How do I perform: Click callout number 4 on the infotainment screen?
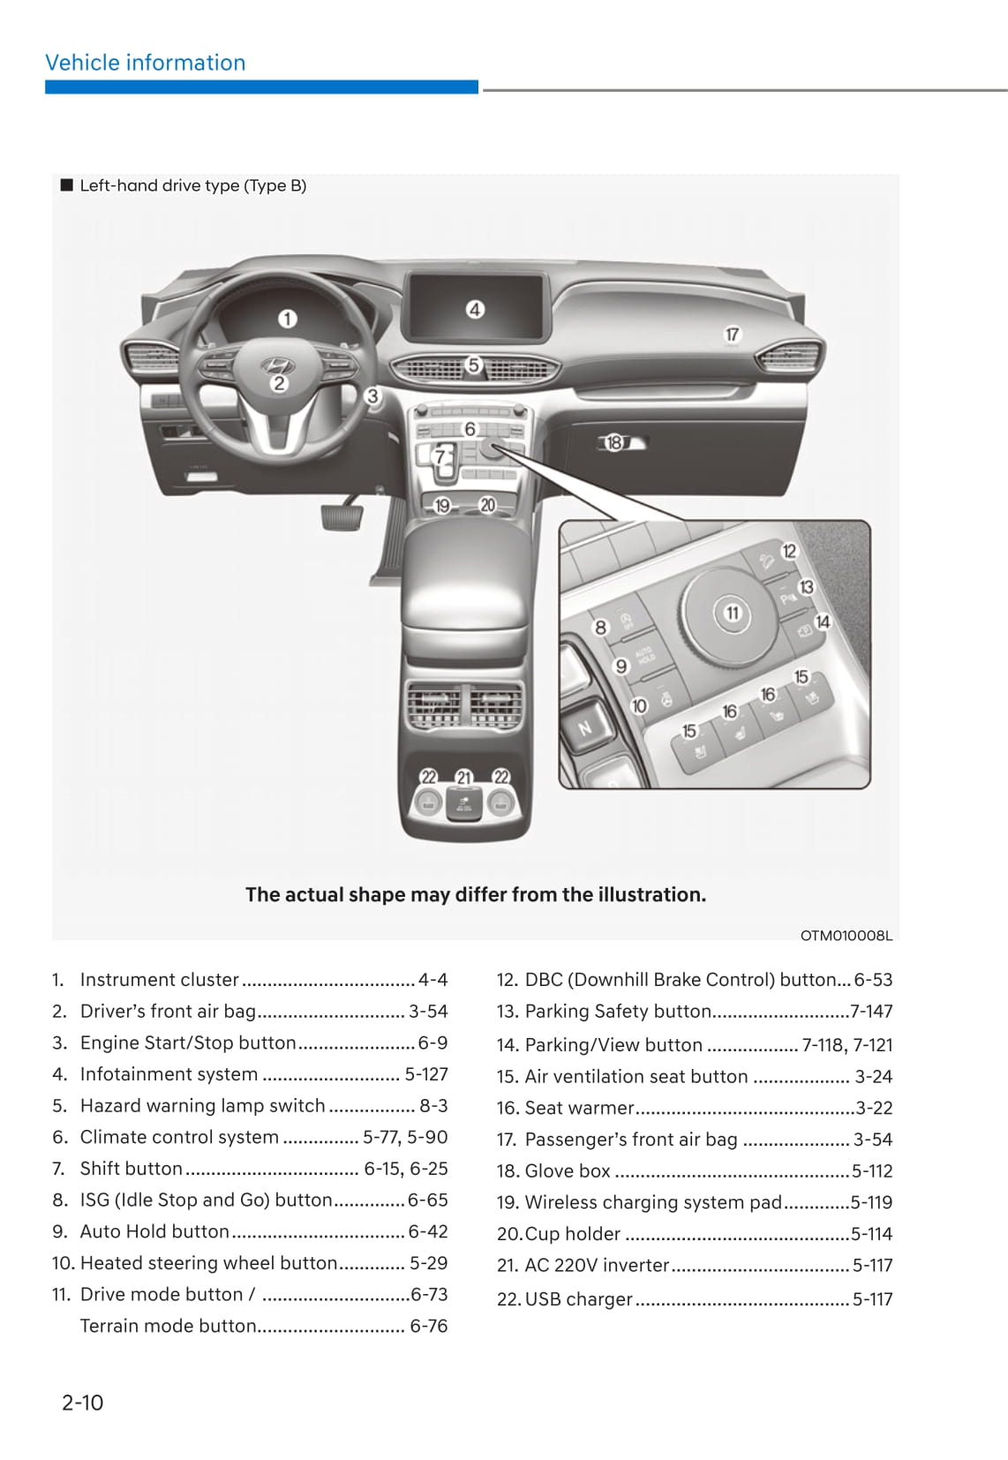pyautogui.click(x=475, y=310)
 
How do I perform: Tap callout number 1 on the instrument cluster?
pyautogui.click(x=288, y=319)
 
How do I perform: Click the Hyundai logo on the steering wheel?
pyautogui.click(x=276, y=365)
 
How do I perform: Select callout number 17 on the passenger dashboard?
pyautogui.click(x=732, y=335)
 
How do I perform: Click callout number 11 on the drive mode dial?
pyautogui.click(x=732, y=613)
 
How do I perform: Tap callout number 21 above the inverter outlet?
pyautogui.click(x=464, y=778)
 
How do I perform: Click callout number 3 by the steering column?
pyautogui.click(x=373, y=396)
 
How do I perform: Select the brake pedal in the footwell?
pyautogui.click(x=342, y=515)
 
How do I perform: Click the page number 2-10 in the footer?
pyautogui.click(x=82, y=1402)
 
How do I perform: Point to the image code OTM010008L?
pyautogui.click(x=846, y=936)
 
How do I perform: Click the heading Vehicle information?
pyautogui.click(x=146, y=63)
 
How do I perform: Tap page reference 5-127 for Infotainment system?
pyautogui.click(x=426, y=1074)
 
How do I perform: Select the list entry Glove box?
pyautogui.click(x=567, y=1170)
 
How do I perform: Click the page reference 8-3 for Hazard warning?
pyautogui.click(x=433, y=1105)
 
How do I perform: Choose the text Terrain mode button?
pyautogui.click(x=168, y=1326)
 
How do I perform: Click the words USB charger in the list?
pyautogui.click(x=578, y=1299)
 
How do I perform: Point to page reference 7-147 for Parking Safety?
pyautogui.click(x=871, y=1012)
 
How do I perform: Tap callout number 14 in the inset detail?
pyautogui.click(x=823, y=622)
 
